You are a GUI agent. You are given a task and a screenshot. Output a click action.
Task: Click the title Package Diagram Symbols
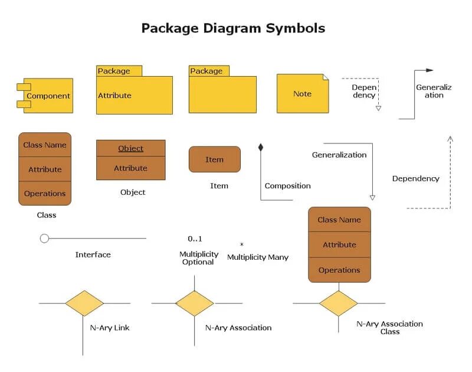[233, 28]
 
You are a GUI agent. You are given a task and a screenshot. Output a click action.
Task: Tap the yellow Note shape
[303, 93]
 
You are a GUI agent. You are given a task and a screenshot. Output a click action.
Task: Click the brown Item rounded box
[214, 159]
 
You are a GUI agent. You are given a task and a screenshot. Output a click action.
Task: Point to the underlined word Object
[130, 148]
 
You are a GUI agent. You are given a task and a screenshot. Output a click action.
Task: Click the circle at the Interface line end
[44, 239]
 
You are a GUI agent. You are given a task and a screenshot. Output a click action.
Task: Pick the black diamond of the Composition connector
[260, 147]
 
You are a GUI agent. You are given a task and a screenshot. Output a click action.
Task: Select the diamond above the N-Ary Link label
[84, 304]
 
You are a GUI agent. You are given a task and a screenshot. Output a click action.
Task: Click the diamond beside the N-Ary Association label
[194, 304]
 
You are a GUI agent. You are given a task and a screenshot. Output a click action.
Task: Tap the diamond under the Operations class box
[338, 304]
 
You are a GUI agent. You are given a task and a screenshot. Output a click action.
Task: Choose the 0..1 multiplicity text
[195, 239]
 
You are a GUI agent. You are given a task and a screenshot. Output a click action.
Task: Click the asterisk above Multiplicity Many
[241, 244]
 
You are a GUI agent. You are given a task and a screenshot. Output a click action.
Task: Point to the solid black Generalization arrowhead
[430, 70]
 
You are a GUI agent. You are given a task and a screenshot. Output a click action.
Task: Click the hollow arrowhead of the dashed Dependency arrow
[378, 108]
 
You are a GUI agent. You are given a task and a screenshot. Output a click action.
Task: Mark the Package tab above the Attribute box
[119, 71]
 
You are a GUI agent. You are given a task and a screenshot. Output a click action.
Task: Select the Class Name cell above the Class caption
[45, 145]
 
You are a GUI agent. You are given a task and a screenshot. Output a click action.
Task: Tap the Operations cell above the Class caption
[45, 193]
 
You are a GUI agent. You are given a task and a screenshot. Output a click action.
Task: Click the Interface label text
[93, 254]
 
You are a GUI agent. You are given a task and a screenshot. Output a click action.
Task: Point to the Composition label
[287, 185]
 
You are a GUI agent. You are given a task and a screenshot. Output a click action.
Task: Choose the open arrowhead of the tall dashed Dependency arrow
[450, 139]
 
